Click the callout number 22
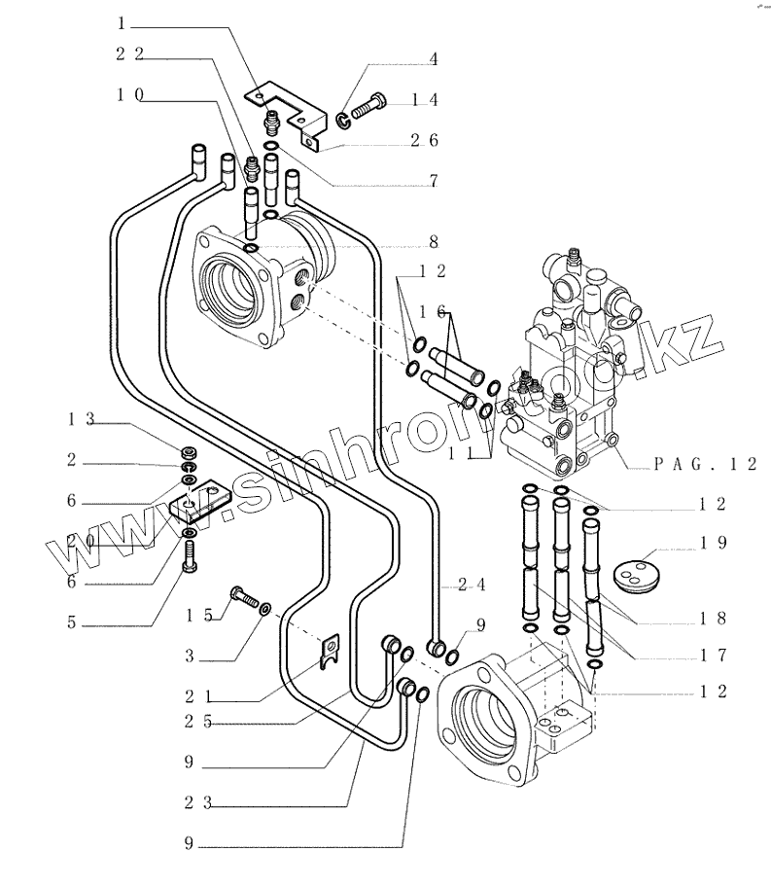(x=129, y=54)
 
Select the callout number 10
(x=129, y=94)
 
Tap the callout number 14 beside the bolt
(x=424, y=99)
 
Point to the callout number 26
(x=424, y=141)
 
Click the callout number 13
(x=80, y=419)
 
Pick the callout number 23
(x=200, y=803)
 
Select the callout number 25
(x=200, y=722)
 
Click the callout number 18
(x=715, y=618)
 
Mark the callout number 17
(x=715, y=656)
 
